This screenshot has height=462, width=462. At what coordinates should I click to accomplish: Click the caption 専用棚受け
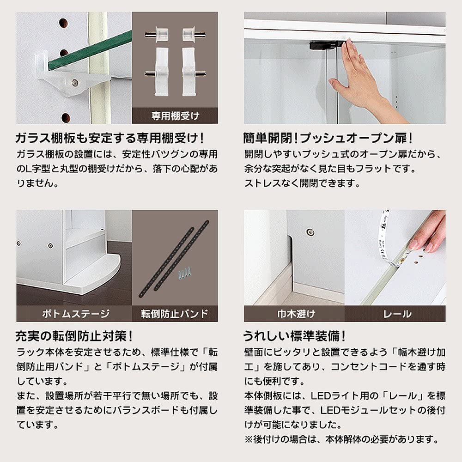(x=175, y=116)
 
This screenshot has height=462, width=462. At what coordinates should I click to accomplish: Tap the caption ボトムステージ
(x=76, y=314)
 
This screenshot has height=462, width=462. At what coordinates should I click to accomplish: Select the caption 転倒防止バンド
(x=175, y=314)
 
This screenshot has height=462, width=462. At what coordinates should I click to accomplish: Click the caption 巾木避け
(x=296, y=314)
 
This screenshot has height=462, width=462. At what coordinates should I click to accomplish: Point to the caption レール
(x=397, y=314)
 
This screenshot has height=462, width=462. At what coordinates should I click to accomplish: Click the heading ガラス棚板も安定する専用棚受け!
(x=109, y=138)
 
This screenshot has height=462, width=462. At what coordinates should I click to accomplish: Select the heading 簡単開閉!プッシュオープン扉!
(x=328, y=138)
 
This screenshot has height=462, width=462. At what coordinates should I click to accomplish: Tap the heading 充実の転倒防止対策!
(x=74, y=336)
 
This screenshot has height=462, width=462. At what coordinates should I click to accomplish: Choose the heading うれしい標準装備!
(x=294, y=336)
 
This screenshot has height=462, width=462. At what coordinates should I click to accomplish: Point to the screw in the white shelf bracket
(x=75, y=83)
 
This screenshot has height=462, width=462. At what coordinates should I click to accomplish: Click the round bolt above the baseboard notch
(x=310, y=232)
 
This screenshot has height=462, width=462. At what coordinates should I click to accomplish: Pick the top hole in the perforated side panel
(x=63, y=22)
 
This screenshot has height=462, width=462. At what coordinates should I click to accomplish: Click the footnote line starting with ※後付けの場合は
(x=342, y=439)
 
